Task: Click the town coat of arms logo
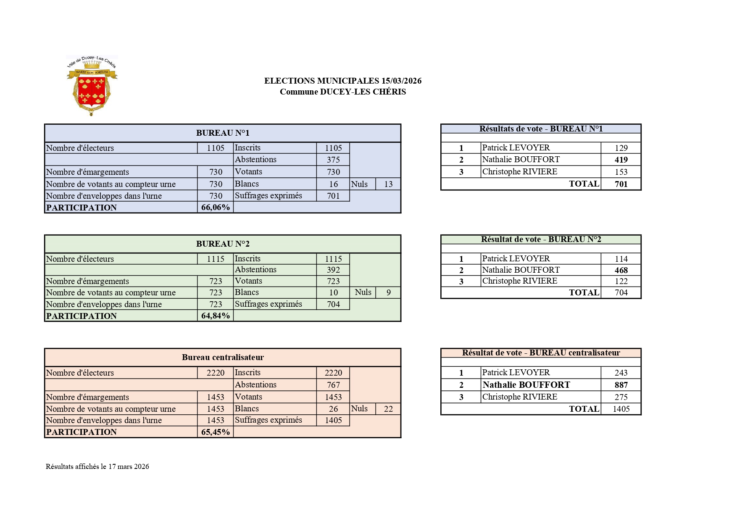(x=92, y=85)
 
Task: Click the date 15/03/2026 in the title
(x=401, y=81)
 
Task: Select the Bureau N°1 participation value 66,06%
(x=215, y=207)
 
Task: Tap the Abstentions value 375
(x=333, y=160)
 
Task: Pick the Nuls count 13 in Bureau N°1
(x=388, y=184)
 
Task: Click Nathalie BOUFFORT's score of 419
(x=621, y=160)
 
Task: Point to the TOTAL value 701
(x=621, y=184)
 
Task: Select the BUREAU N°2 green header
(x=223, y=244)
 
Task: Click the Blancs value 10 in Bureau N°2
(x=333, y=292)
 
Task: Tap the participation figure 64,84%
(x=215, y=316)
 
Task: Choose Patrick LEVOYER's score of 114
(x=621, y=259)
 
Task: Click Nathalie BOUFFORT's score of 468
(x=621, y=270)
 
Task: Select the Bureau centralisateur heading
(x=223, y=357)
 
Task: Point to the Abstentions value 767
(x=333, y=385)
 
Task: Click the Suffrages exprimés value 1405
(x=333, y=420)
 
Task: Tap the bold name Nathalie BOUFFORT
(x=526, y=385)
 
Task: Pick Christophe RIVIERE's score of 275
(x=621, y=397)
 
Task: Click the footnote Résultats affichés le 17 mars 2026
(x=97, y=466)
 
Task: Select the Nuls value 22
(x=388, y=409)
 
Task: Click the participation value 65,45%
(x=215, y=432)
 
